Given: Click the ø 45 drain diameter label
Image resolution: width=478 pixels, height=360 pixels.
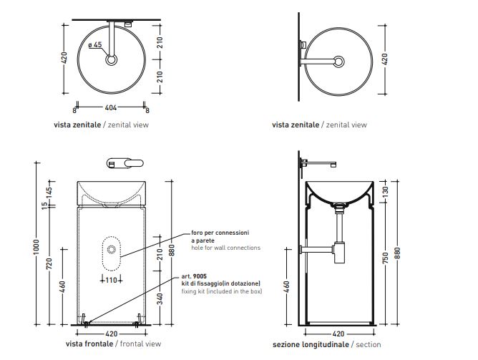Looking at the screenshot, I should click(x=95, y=45).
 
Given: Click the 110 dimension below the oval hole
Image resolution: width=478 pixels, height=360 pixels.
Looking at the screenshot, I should click(x=110, y=280).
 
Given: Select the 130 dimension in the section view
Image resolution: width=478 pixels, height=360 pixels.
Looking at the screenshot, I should click(x=386, y=192).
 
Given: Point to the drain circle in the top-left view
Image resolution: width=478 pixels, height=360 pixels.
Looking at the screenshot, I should click(x=112, y=60).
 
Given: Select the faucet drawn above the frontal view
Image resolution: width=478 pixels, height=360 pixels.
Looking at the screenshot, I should click(x=122, y=162).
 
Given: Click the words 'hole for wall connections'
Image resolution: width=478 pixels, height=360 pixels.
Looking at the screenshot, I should click(x=225, y=248).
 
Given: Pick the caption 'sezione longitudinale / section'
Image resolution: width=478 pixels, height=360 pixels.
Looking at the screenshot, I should click(x=326, y=344).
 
